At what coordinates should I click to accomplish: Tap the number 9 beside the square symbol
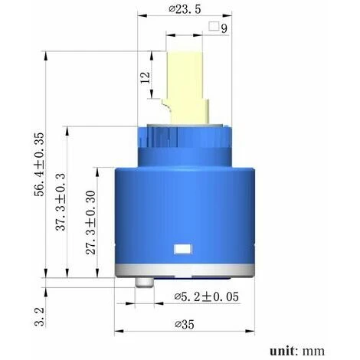tap(224, 28)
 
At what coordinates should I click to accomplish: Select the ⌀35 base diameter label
tap(186, 323)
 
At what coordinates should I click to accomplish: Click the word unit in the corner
tap(284, 351)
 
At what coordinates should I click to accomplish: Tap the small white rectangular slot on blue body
tap(184, 248)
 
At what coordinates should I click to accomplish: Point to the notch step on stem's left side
tap(162, 100)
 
